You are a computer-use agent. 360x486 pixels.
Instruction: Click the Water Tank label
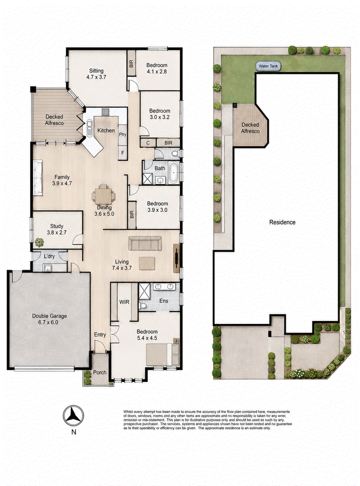coord(268,66)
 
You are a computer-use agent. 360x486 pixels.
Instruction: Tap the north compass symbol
coord(73,416)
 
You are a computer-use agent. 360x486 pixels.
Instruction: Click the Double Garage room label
coord(49,319)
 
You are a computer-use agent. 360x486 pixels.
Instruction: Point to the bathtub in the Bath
coord(173,173)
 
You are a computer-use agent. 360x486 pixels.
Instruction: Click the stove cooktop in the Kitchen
coord(106,112)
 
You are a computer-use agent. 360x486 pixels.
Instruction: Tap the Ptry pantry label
coord(122,134)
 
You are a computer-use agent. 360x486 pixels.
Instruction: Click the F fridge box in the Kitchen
coord(122,153)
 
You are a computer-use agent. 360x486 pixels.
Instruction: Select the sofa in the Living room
coord(145,243)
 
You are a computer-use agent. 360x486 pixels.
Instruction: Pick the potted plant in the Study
coord(39,242)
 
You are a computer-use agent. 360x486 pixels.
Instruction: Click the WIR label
coord(124,302)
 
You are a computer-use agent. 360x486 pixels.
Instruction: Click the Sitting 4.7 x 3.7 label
coord(96,74)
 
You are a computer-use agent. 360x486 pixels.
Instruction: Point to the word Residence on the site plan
coord(282,222)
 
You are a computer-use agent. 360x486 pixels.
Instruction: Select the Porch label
coord(99,372)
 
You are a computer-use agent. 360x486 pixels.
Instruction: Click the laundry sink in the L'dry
coord(48,268)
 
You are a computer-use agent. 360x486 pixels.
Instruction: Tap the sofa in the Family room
coord(38,177)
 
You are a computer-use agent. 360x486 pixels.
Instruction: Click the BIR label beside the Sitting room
coord(131,64)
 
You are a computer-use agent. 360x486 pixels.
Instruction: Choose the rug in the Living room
coord(147,263)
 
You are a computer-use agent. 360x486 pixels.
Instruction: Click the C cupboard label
coord(148,143)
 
